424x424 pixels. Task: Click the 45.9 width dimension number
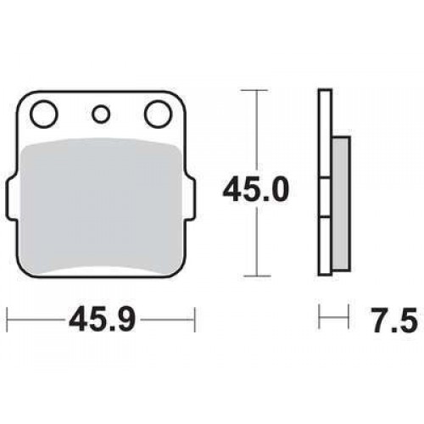pos(102,320)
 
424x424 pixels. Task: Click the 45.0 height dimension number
pos(256,189)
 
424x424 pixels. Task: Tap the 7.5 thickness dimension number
pos(394,320)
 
